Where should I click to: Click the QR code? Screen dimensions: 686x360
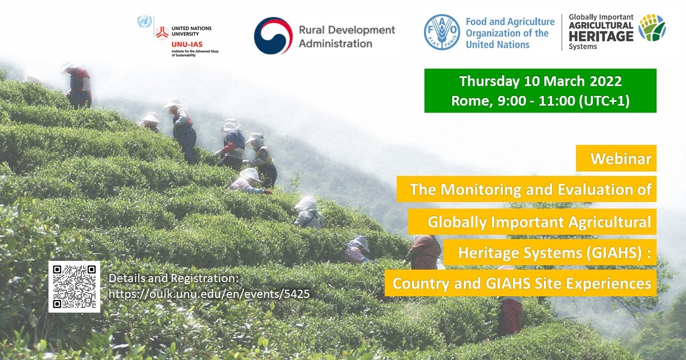click(x=75, y=286)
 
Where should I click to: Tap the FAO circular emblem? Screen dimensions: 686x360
click(x=441, y=32)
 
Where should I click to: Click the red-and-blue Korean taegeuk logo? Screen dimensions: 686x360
click(x=273, y=36)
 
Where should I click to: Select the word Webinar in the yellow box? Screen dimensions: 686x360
click(x=621, y=158)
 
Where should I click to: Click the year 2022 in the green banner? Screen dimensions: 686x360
click(x=605, y=81)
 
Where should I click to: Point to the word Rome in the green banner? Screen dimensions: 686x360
click(x=472, y=101)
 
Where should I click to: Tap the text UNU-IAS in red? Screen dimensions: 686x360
click(x=187, y=45)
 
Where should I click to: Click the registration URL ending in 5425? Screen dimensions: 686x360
click(x=209, y=294)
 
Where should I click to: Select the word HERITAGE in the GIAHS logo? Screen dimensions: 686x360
click(x=601, y=36)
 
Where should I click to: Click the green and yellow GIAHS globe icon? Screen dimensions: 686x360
click(x=652, y=28)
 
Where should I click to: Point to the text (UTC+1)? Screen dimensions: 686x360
click(x=604, y=101)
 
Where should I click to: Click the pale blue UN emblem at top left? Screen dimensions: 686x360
click(x=144, y=21)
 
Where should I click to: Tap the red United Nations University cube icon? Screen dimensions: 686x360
click(x=162, y=33)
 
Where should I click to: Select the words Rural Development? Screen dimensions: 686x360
click(x=347, y=30)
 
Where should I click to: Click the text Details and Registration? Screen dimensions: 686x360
click(x=174, y=278)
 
